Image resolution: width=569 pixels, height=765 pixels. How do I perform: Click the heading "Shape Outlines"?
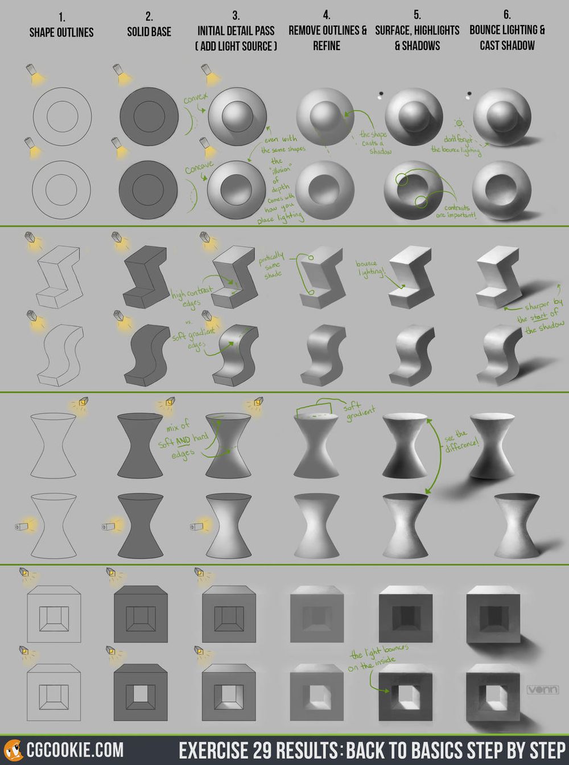pyautogui.click(x=61, y=32)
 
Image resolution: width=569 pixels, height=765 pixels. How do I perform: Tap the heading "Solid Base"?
pyautogui.click(x=149, y=32)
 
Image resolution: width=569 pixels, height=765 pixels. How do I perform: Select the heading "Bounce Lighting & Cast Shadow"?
pyautogui.click(x=507, y=38)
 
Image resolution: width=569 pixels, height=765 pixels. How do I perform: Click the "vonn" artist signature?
pyautogui.click(x=542, y=690)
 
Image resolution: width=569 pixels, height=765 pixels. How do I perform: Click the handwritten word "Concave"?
pyautogui.click(x=199, y=167)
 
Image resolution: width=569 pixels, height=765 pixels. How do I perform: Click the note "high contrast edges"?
pyautogui.click(x=191, y=297)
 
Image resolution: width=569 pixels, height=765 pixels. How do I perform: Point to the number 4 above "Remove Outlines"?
pyautogui.click(x=327, y=15)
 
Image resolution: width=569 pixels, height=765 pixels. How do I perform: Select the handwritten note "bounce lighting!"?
pyautogui.click(x=370, y=268)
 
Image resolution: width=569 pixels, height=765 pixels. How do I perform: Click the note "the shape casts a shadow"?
pyautogui.click(x=374, y=143)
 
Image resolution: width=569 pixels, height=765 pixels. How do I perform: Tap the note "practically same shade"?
pyautogui.click(x=271, y=265)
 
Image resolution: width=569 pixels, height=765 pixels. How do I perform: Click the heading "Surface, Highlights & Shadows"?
pyautogui.click(x=417, y=38)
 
